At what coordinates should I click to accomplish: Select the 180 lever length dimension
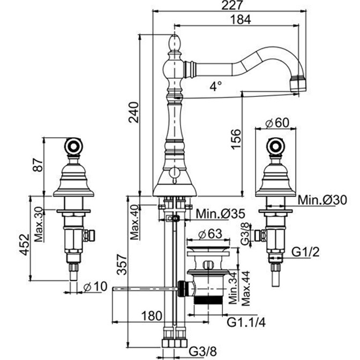pyautogui.click(x=152, y=316)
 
